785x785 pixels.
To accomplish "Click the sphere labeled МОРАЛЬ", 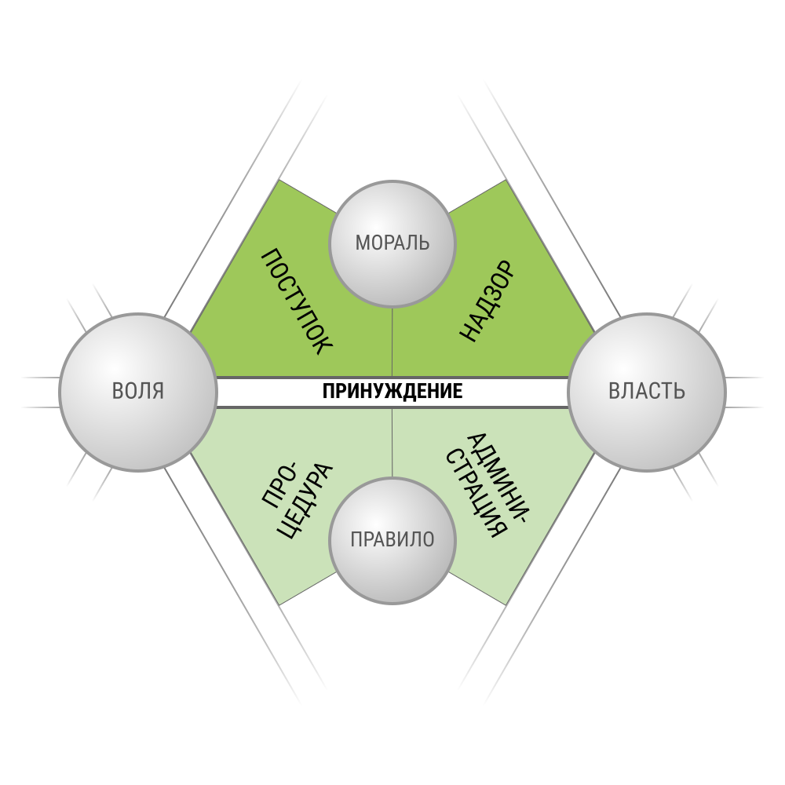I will point(392,243).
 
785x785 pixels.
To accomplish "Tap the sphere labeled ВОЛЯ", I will point(138,392).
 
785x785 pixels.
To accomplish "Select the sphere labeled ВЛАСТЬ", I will point(647,392).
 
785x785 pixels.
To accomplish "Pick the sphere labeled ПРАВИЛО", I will point(392,541).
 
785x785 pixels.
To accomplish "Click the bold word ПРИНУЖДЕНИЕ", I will point(392,392).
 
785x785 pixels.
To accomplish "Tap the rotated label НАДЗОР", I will point(487,301).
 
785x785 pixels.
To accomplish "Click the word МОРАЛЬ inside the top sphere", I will point(392,243).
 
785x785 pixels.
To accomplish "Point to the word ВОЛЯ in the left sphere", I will point(138,391).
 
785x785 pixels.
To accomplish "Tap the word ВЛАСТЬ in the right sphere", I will point(647,391).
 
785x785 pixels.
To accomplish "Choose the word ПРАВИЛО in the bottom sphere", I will point(392,540).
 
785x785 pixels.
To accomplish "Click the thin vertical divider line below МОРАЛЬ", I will point(392,341).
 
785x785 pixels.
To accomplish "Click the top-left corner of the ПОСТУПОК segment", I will point(279,181).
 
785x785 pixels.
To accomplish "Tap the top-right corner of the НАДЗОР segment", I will point(506,181).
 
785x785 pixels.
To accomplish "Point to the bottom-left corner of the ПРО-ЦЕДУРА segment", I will point(279,604).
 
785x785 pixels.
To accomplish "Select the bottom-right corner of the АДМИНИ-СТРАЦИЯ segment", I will point(506,604).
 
